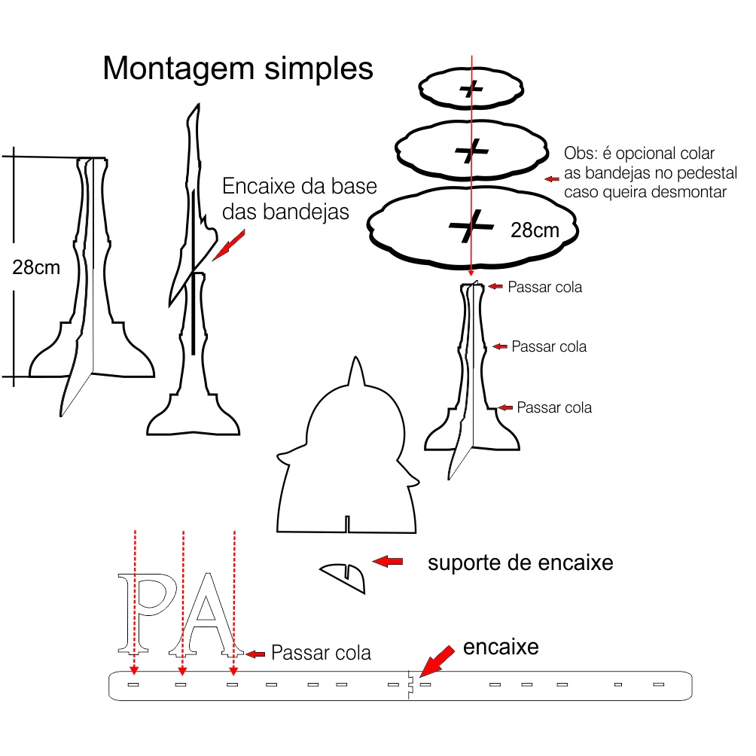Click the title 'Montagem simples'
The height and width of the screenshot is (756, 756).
tap(238, 69)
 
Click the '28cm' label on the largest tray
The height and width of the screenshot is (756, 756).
tap(535, 230)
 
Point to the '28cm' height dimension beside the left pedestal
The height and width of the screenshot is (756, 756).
tap(36, 267)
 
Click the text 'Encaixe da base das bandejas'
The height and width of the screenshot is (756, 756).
tap(299, 200)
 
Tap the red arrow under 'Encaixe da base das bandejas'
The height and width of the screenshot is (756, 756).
tap(229, 245)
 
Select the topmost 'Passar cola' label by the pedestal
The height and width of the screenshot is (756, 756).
tap(544, 287)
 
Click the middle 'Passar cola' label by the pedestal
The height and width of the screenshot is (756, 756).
tap(549, 346)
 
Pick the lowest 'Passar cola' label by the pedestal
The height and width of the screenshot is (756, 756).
tap(554, 407)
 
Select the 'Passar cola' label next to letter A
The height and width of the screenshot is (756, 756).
tap(321, 652)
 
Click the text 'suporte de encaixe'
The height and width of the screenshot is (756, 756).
tap(520, 562)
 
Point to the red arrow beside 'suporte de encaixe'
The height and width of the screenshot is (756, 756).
tap(388, 561)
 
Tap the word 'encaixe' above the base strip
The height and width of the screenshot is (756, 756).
tap(501, 647)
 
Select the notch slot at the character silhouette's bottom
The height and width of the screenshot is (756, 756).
tap(347, 524)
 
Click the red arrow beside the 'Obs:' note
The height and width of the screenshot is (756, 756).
tap(553, 179)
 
